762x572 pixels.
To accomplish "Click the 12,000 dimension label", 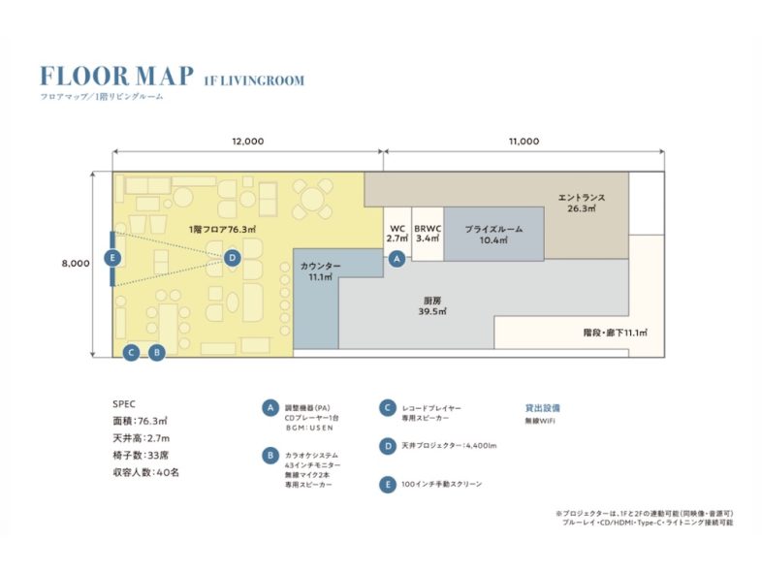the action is [x=248, y=142].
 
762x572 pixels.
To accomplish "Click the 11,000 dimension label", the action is [x=524, y=142].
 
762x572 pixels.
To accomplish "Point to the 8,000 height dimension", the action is [x=76, y=264].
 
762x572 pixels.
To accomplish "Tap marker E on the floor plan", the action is [x=112, y=257].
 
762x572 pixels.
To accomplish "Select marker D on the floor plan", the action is [x=233, y=258].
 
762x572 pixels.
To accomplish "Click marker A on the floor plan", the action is [x=397, y=259].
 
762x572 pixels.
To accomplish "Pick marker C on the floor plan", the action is [x=131, y=352].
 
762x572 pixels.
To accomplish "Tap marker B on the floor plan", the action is [x=156, y=352].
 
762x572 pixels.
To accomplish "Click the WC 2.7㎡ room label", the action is [x=397, y=234].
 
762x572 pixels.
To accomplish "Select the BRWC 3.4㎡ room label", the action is [x=428, y=234].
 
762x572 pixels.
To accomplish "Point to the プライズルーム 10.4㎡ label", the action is [x=493, y=235].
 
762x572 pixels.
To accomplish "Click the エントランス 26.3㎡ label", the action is [x=582, y=204].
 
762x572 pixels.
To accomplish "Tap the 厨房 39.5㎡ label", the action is [x=432, y=306].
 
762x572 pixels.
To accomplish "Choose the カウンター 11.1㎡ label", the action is [x=320, y=271].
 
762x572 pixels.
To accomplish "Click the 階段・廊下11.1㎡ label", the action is [x=616, y=333].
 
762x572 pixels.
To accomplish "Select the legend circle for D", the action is [x=388, y=446].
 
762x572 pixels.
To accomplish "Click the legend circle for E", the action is [x=388, y=485].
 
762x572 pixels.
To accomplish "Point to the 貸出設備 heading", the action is [x=542, y=408].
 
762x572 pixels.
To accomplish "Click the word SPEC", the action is [x=124, y=404].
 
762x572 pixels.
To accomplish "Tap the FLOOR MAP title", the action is [x=116, y=77].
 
